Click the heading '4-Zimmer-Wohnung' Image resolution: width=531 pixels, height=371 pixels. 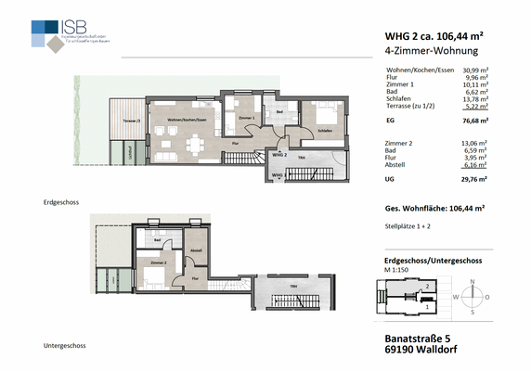pos(429,52)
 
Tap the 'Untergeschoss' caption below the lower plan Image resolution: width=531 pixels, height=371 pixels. pos(65,346)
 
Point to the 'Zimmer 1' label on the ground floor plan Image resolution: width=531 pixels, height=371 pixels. pos(245,120)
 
